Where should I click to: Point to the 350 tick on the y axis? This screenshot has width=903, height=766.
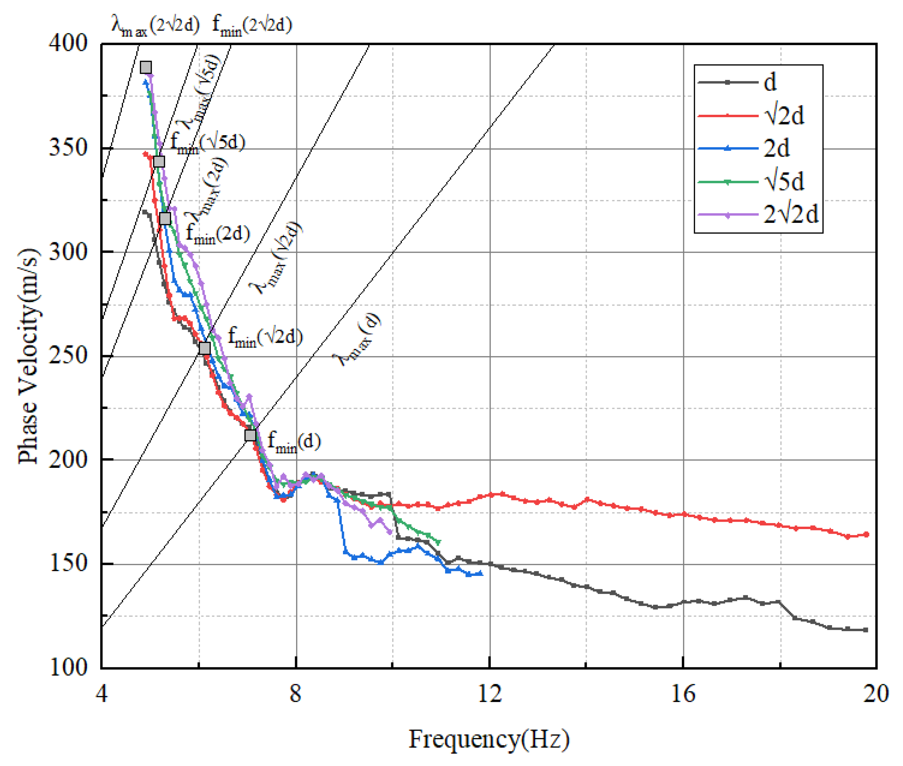coord(68,148)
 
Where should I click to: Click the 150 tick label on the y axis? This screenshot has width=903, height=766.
coord(68,563)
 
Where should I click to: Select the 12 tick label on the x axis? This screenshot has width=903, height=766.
coord(490,693)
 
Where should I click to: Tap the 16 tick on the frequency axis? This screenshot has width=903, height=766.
coord(683,693)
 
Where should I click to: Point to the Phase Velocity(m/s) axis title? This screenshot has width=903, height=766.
coord(28,356)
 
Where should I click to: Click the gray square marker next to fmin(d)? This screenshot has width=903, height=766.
coord(250,435)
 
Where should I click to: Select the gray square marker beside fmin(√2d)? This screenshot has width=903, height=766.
coord(205,348)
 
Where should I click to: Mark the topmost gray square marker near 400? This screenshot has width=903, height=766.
coord(146,67)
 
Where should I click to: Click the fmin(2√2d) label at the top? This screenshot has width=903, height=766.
coord(252,25)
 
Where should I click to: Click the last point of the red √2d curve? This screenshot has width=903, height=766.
coord(866,534)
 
